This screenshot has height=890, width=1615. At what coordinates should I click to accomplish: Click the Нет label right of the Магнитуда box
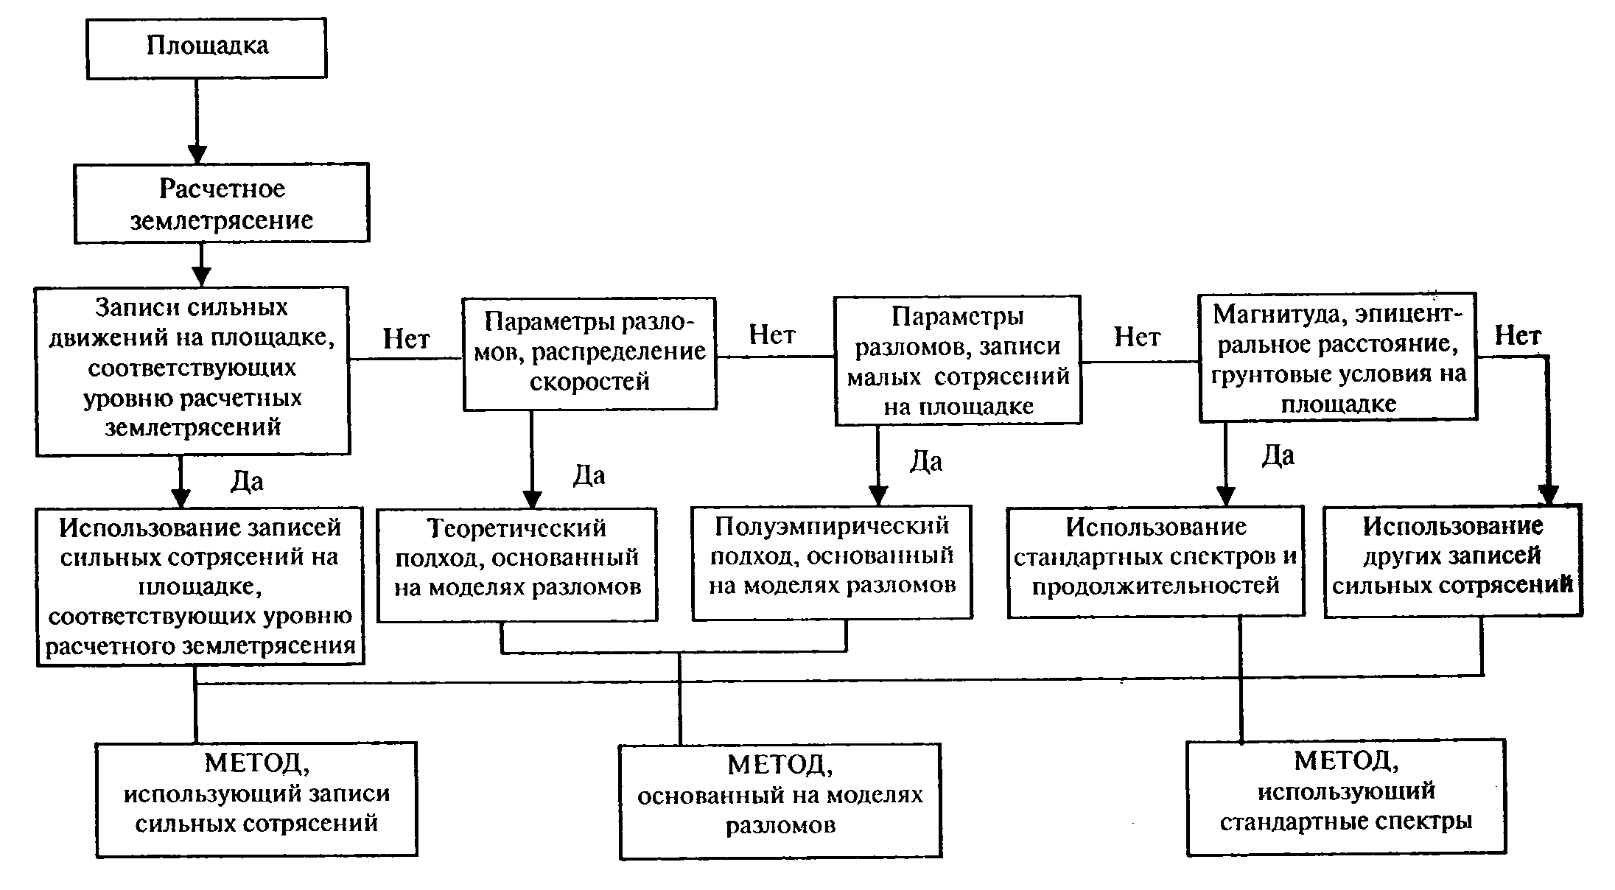pos(1518,336)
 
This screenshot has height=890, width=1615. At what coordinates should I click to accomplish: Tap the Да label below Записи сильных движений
pos(247,481)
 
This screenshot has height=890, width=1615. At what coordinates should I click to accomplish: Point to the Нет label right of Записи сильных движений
pos(406,339)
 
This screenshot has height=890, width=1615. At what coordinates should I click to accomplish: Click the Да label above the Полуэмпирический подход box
pos(926,462)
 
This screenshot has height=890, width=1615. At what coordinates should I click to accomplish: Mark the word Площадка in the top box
pos(207,46)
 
